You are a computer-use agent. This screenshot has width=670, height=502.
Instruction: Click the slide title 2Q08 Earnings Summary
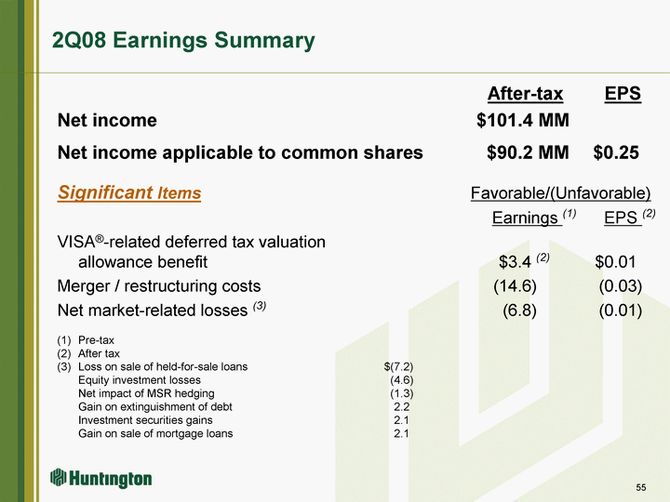coord(183,41)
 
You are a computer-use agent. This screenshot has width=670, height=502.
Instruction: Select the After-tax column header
coord(525,94)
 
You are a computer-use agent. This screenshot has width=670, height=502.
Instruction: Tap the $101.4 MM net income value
coord(523,120)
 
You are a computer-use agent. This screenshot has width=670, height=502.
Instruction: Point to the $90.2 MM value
coord(528,152)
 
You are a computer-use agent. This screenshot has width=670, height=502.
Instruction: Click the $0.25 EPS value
coord(616,152)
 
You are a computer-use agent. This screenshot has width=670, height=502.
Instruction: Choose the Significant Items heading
coord(129,192)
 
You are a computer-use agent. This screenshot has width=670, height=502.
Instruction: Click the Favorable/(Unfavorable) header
coord(560,193)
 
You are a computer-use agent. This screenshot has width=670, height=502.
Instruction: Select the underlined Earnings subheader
coord(525,218)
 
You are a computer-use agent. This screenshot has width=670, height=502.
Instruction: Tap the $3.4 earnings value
coord(515,262)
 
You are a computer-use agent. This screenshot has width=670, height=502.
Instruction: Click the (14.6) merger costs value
coord(515,286)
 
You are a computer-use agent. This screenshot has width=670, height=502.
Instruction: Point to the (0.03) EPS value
coord(621,286)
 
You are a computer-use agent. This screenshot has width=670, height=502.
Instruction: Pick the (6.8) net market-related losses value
coord(519,310)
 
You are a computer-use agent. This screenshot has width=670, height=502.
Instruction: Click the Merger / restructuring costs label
coord(159,286)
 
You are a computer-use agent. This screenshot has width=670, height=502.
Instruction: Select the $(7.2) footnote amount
coord(398,366)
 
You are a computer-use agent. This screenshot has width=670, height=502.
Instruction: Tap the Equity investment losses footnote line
coord(140,380)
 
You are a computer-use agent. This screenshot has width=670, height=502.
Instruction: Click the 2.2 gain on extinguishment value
coord(402,407)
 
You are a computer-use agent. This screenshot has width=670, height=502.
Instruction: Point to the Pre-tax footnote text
coord(96,340)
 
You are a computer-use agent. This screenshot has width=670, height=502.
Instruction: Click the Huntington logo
coord(100,478)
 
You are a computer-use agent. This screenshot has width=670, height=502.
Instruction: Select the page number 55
coord(641,487)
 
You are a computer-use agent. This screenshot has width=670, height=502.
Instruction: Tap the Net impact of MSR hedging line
coord(146,393)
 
